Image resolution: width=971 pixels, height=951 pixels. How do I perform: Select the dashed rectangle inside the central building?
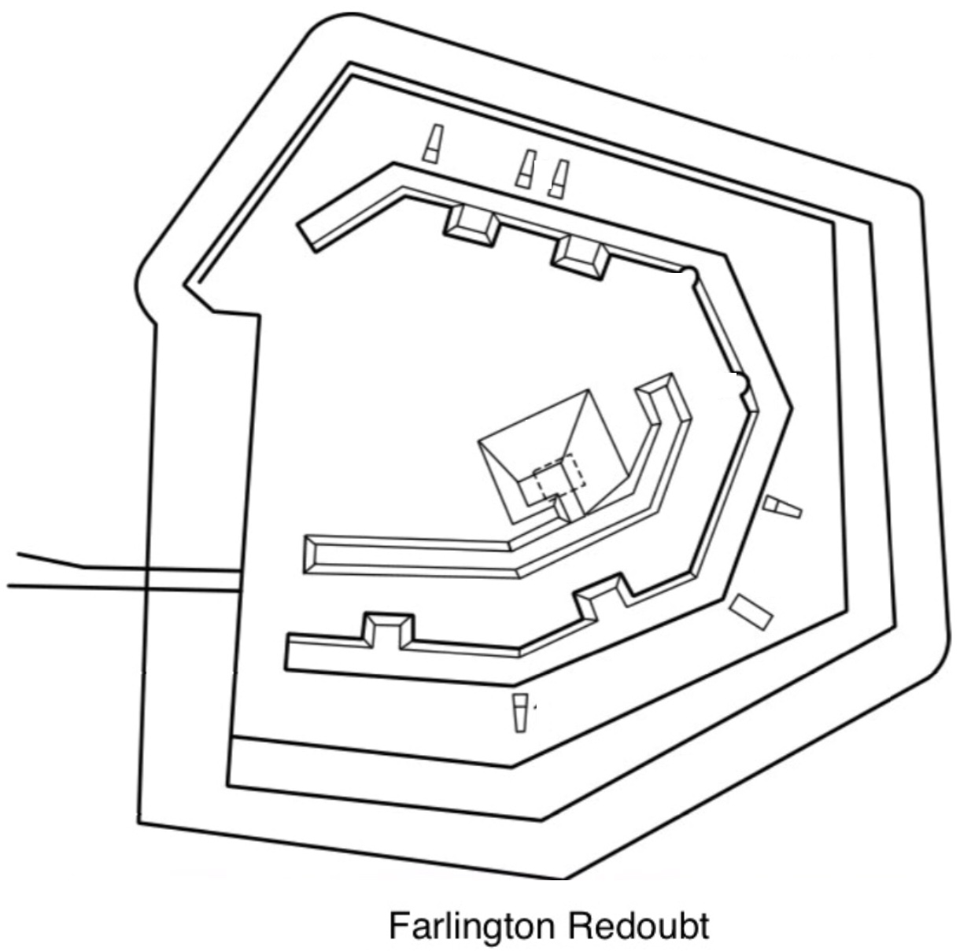tap(559, 473)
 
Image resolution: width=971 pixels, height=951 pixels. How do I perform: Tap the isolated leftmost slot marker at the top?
tap(433, 144)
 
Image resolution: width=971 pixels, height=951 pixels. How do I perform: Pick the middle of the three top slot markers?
tap(526, 169)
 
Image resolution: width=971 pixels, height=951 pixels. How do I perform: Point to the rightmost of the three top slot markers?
tap(559, 179)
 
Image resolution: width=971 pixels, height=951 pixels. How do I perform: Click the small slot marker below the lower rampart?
tap(520, 713)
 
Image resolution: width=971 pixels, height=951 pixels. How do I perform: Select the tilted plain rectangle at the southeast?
tap(751, 612)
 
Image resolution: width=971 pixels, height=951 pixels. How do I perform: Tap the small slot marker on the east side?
tap(783, 507)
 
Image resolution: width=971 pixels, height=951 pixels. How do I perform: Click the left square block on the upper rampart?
tap(471, 226)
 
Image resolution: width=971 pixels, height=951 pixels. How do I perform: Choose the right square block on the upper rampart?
tap(581, 258)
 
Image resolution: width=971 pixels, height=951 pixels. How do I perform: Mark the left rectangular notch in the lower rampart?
tap(390, 631)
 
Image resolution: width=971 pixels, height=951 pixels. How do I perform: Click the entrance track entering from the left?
tap(124, 575)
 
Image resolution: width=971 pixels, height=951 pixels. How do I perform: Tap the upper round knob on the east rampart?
tap(689, 276)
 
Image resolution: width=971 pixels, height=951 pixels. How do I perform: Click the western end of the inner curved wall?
tap(311, 555)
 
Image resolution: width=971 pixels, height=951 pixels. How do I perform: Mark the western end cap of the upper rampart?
tap(307, 237)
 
